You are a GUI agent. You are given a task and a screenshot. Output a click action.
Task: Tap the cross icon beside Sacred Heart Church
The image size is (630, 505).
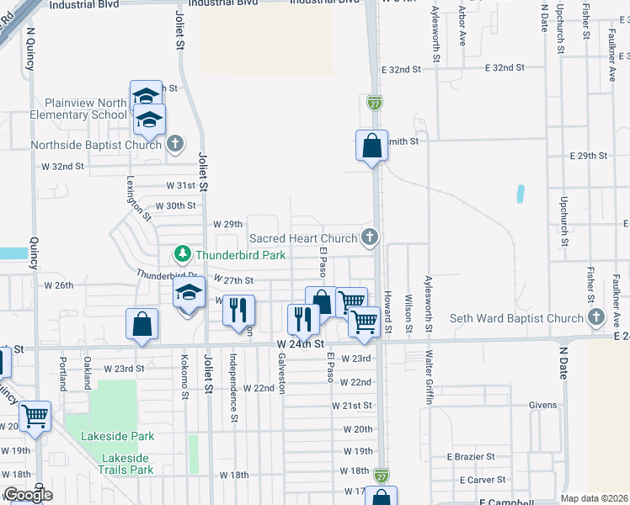coord(368,237)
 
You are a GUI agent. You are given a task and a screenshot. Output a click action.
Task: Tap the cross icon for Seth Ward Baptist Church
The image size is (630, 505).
coord(596,317)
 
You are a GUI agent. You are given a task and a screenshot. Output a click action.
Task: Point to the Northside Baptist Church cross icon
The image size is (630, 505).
coord(174,144)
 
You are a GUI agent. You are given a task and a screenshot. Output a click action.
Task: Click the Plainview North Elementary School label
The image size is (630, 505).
coord(78,109)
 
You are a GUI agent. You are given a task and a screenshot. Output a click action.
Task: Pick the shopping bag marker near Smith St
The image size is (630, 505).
coord(371,147)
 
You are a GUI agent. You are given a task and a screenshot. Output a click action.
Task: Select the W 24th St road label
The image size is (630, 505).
coord(300,343)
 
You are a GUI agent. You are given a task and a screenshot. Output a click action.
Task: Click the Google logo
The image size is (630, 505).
coord(27,495)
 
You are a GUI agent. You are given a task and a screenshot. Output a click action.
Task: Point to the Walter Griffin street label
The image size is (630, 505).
coord(429,378)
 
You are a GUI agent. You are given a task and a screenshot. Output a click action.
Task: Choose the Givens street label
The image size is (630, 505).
coord(542,405)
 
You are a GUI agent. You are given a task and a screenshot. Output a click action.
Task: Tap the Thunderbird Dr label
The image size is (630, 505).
coord(167,274)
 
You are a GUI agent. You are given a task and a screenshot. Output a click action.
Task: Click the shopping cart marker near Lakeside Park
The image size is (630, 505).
coord(35,415)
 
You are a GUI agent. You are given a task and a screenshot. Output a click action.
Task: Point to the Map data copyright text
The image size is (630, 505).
coord(592,498)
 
